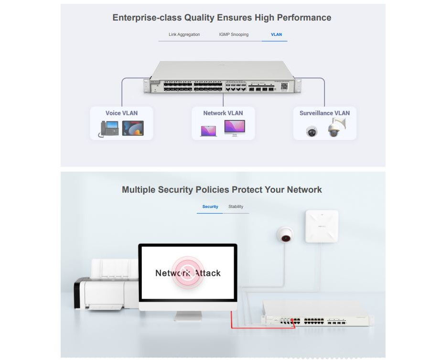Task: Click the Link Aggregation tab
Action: point(184,34)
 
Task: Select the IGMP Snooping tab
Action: point(234,34)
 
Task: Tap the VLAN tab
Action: point(276,34)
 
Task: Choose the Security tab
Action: point(210,207)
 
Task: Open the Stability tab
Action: point(236,207)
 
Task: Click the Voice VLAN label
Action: point(121,113)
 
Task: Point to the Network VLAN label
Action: point(223,113)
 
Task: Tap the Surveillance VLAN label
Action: point(324,113)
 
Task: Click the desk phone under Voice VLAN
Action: point(109,129)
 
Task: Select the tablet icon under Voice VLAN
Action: point(133,128)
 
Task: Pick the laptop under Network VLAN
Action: point(208,131)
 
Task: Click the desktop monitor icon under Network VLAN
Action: point(235,128)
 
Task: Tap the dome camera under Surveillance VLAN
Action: point(312,131)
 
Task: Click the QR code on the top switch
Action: point(284,87)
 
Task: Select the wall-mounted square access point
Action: point(322,226)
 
